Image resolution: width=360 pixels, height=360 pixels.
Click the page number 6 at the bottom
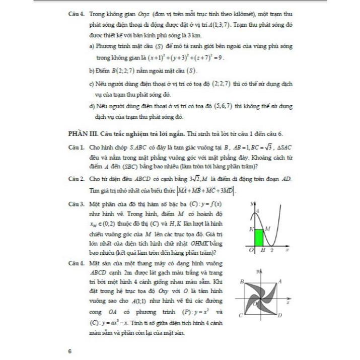pyautogui.click(x=70, y=351)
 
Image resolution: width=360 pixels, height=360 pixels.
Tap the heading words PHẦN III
pyautogui.click(x=82, y=133)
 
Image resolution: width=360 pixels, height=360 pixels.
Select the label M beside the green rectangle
pyautogui.click(x=267, y=229)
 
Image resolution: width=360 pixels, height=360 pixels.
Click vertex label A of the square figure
pyautogui.click(x=280, y=280)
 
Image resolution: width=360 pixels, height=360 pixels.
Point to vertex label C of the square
pyautogui.click(x=241, y=315)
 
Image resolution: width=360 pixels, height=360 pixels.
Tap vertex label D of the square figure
pyautogui.click(x=280, y=315)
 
